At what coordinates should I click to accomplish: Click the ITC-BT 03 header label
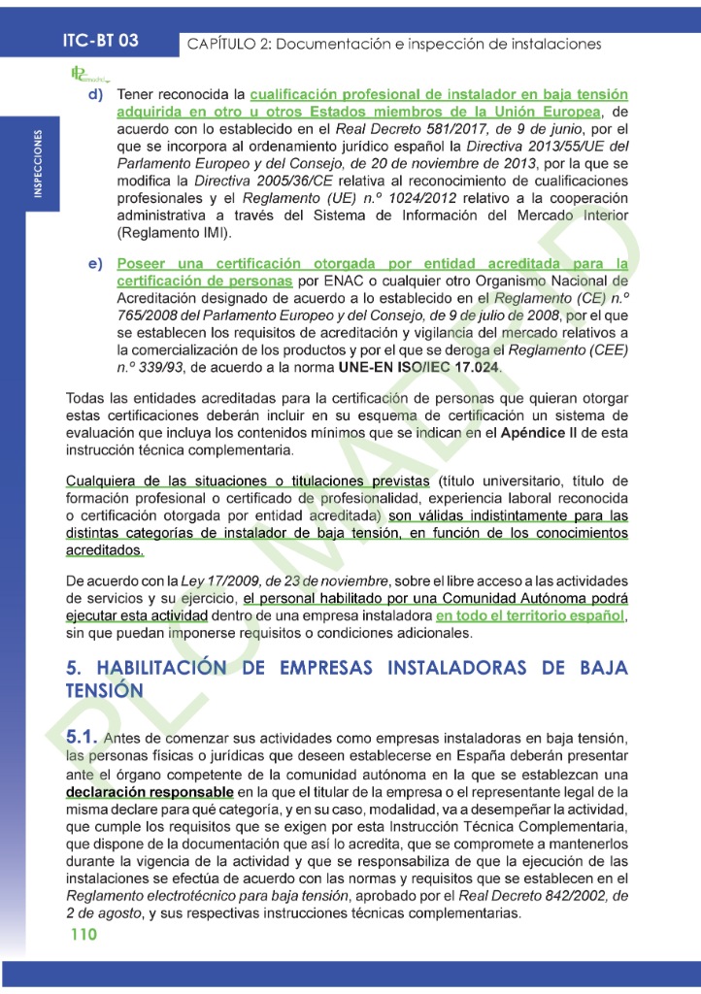click(99, 41)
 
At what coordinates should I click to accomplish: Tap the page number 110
click(84, 935)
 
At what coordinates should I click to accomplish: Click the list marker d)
click(96, 95)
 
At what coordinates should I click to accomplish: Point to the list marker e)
click(96, 264)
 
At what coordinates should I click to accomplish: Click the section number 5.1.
click(82, 739)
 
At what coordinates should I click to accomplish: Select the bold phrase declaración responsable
click(150, 792)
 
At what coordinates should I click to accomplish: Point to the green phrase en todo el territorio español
click(530, 616)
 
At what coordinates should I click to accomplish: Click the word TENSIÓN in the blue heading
click(105, 690)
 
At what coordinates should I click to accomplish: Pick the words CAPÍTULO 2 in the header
click(232, 45)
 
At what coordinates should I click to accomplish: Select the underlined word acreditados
click(104, 550)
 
